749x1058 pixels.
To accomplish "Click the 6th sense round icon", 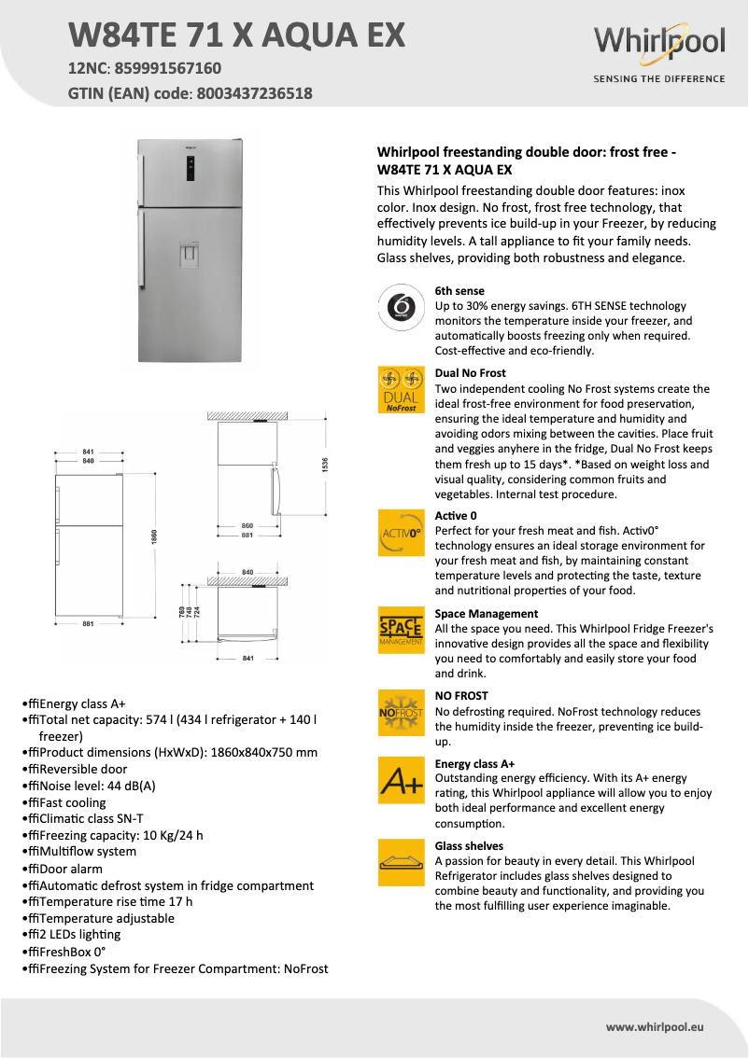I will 401,306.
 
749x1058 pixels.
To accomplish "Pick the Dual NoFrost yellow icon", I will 401,390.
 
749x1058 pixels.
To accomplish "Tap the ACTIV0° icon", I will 401,534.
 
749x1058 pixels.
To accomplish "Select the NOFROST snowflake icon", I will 401,713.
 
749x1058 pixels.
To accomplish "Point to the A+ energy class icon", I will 401,781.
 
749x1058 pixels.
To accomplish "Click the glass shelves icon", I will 401,863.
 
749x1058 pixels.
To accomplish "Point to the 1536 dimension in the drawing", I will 326,464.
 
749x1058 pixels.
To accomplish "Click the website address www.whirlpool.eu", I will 654,1026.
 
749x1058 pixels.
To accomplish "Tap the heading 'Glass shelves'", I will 469,846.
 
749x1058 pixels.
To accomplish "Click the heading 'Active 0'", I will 457,516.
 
